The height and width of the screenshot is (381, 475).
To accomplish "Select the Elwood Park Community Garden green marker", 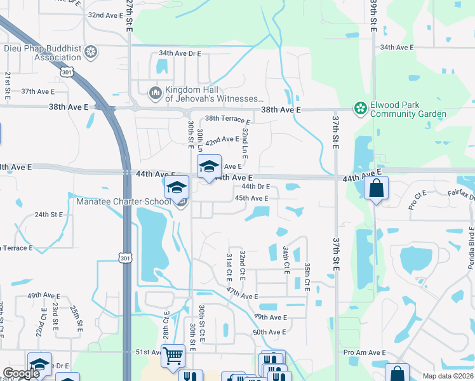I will [x=361, y=109].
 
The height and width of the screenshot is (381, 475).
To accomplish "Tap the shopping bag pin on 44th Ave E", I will [x=376, y=189].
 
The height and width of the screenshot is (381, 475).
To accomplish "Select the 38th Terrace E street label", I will [x=227, y=118].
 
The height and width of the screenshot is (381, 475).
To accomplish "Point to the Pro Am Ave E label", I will [x=365, y=352].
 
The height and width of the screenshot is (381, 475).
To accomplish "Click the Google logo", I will [x=21, y=373].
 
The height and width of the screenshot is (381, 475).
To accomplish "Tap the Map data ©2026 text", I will [x=448, y=376].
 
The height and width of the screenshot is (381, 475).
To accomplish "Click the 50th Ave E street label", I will [x=269, y=331].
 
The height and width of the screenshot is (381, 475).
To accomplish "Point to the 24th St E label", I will [x=49, y=215].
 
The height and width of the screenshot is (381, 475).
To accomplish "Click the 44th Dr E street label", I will [x=256, y=187].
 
